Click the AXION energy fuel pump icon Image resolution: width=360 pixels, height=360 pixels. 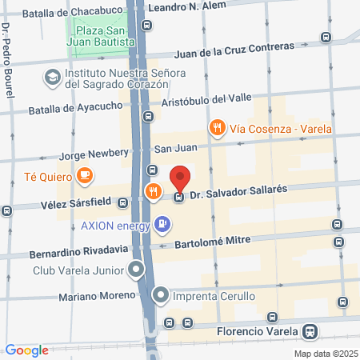click(x=162, y=224)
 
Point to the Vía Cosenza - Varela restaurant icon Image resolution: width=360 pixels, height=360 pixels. click(x=216, y=126)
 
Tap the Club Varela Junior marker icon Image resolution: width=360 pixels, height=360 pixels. click(x=138, y=269)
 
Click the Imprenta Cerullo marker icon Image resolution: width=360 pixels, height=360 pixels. click(x=162, y=296)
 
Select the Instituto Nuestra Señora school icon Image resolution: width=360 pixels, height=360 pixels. click(x=52, y=78)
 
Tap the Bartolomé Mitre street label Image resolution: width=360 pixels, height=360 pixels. click(x=213, y=240)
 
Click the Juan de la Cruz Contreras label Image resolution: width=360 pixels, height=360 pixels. click(x=234, y=50)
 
